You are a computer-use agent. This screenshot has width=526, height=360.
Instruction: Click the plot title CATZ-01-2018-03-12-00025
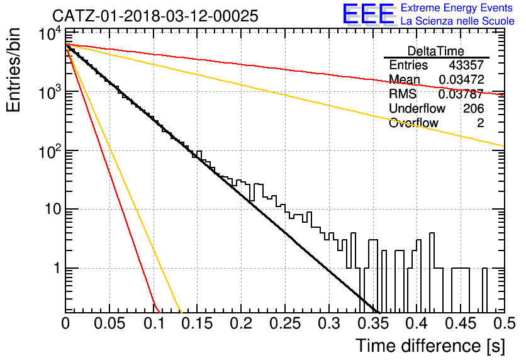[155, 16]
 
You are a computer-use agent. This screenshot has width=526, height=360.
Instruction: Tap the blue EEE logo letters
[369, 14]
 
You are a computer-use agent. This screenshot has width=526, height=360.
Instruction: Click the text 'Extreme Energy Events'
[457, 8]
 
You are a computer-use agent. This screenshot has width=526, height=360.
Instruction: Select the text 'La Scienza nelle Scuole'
[457, 21]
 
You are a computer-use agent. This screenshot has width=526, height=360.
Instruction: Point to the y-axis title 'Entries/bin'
[13, 70]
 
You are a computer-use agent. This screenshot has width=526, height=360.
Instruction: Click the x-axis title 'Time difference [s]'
[430, 346]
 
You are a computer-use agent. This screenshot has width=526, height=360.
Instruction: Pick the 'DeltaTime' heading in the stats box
[435, 51]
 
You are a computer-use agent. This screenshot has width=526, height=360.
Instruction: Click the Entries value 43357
[466, 65]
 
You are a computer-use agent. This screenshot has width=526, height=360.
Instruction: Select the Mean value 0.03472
[462, 79]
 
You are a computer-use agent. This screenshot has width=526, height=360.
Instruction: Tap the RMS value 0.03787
[461, 94]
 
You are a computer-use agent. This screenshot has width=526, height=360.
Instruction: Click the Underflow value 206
[473, 108]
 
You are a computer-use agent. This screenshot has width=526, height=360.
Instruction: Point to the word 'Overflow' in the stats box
[413, 123]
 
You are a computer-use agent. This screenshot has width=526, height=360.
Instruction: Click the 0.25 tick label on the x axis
[285, 323]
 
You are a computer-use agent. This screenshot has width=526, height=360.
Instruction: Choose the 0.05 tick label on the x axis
[109, 323]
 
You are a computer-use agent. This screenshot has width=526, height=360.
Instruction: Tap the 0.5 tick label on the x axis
[504, 323]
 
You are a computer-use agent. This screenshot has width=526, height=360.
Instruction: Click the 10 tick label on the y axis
[52, 209]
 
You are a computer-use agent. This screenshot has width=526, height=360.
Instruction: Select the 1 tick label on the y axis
[57, 268]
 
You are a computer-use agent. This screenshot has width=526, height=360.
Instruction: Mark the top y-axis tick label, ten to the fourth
[50, 34]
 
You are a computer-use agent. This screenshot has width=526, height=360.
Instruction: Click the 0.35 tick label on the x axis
[372, 323]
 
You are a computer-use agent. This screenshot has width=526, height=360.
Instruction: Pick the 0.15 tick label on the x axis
[197, 323]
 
